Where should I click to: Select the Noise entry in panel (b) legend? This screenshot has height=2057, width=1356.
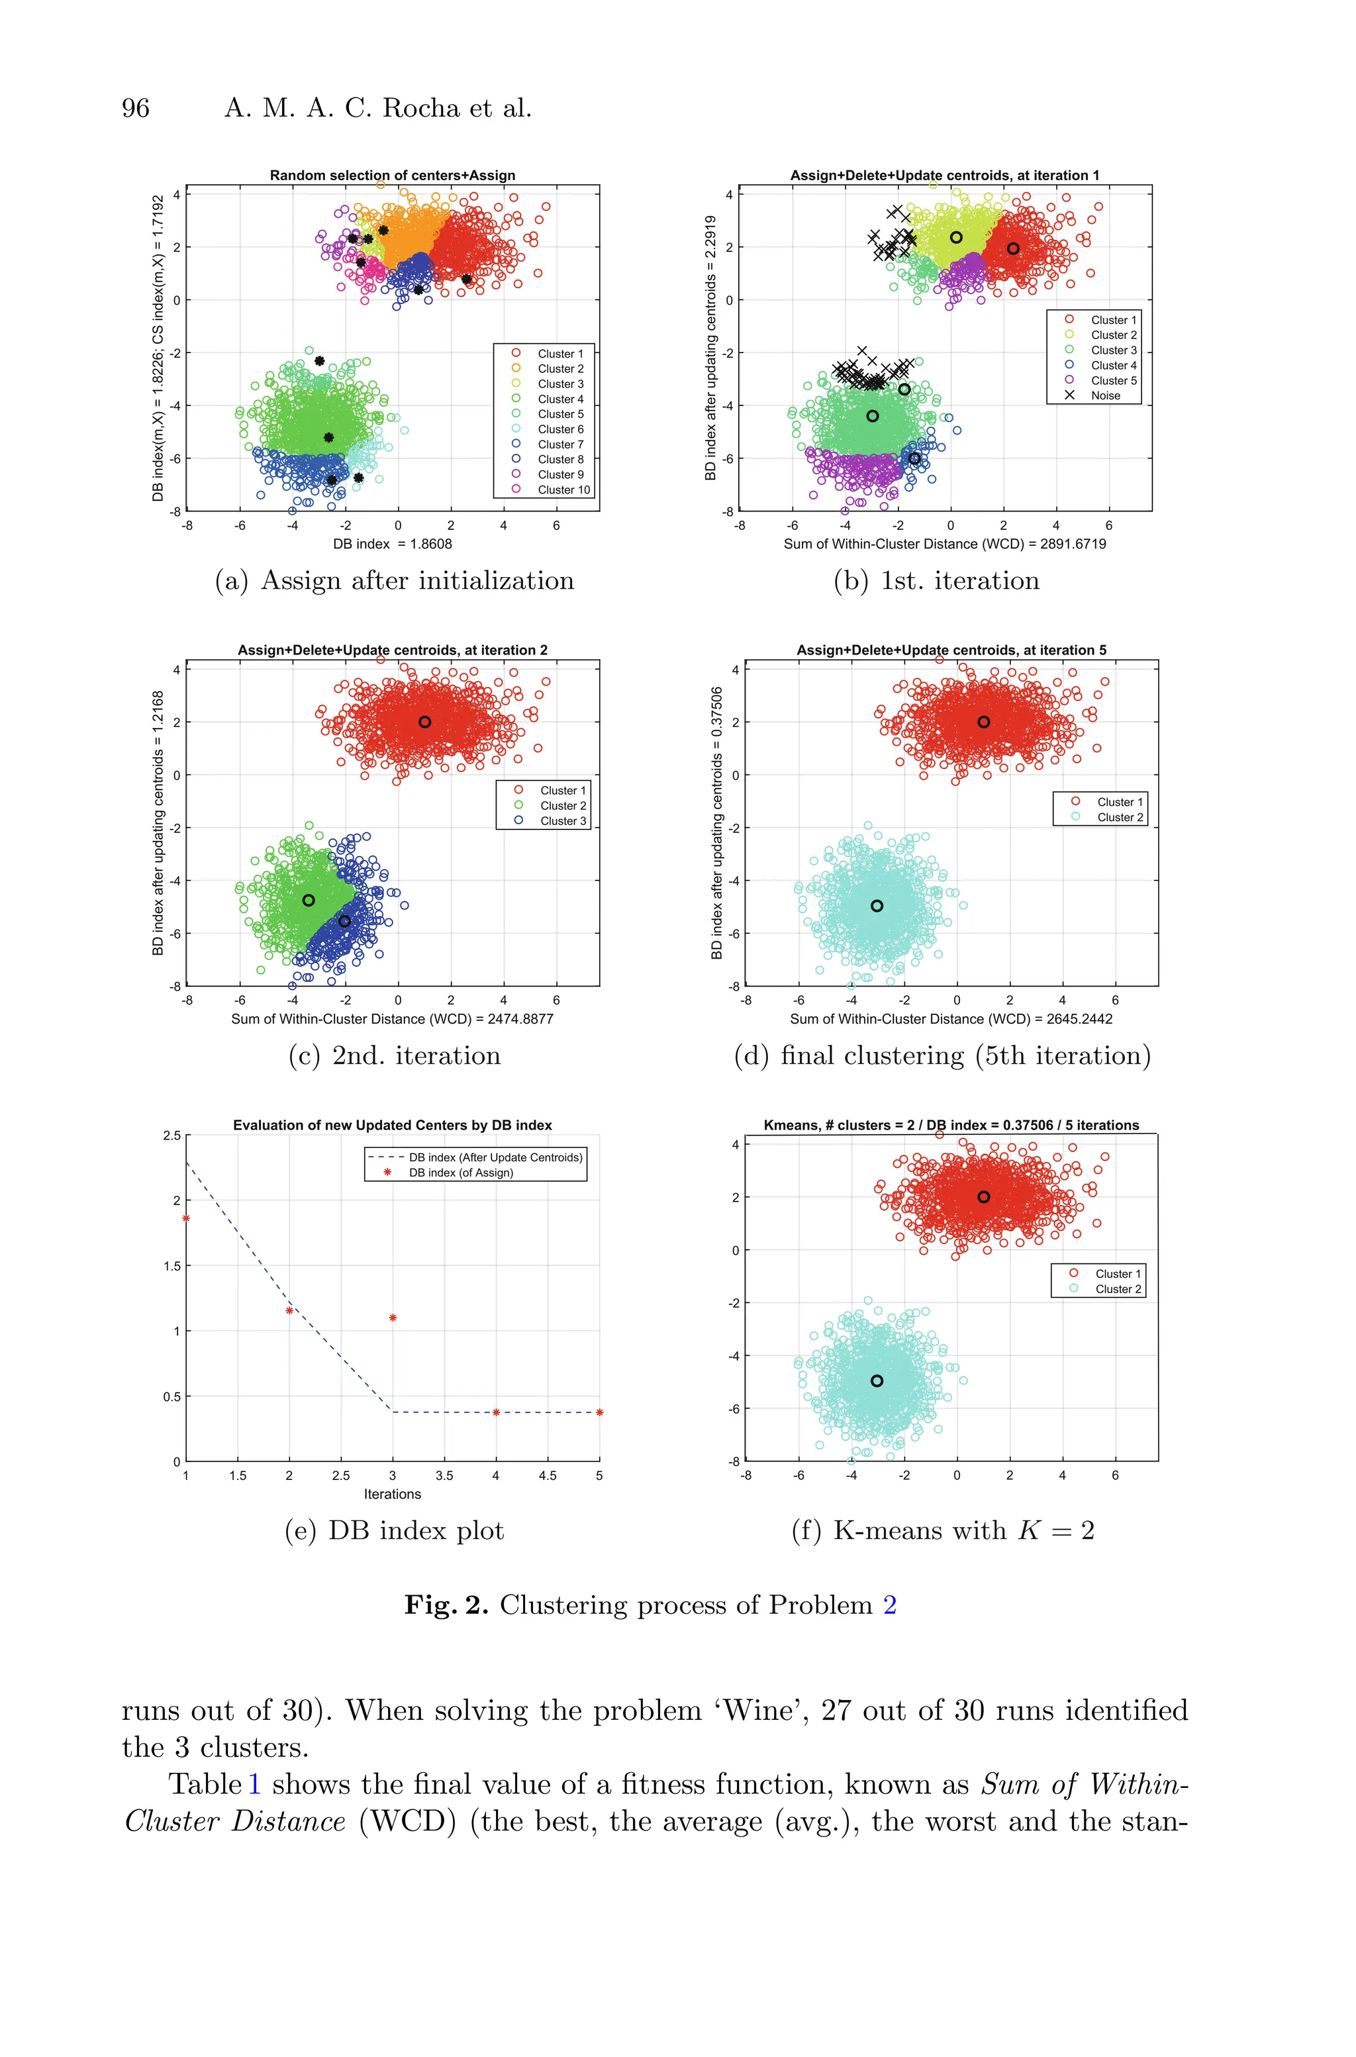tap(1104, 396)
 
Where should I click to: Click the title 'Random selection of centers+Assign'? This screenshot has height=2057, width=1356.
tap(392, 175)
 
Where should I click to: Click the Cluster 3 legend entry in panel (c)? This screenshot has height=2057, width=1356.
tap(562, 821)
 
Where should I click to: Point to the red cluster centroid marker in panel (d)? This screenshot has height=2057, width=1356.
tap(983, 721)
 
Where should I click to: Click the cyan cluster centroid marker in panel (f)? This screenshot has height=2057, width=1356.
tap(877, 1381)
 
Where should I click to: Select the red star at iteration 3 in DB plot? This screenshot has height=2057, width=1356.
tap(393, 1318)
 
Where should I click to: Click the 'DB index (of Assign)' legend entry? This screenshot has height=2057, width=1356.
tap(460, 1173)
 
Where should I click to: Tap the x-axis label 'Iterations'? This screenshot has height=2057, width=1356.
tap(392, 1494)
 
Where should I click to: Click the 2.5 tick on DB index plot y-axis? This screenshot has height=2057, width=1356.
tap(171, 1135)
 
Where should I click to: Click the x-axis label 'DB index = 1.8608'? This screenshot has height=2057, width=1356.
tap(392, 544)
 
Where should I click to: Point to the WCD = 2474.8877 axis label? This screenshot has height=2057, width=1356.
tap(392, 1019)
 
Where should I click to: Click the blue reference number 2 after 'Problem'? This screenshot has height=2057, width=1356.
tap(889, 1605)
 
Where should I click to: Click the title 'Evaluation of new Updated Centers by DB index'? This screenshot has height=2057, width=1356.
tap(392, 1124)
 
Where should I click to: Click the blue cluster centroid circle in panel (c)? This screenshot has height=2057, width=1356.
tap(344, 922)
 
